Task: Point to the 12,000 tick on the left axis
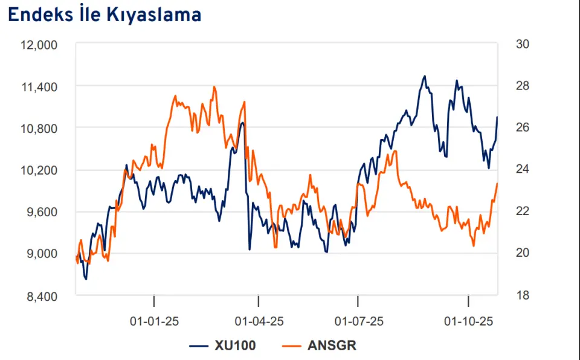[x=40, y=45]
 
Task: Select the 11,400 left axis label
[x=40, y=87]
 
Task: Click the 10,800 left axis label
[x=40, y=129]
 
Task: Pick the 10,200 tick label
[x=40, y=170]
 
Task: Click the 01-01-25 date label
[x=155, y=321]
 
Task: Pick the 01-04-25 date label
[x=259, y=321]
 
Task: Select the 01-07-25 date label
[x=359, y=321]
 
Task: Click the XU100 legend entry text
[x=235, y=346]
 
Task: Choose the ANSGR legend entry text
[x=332, y=346]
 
